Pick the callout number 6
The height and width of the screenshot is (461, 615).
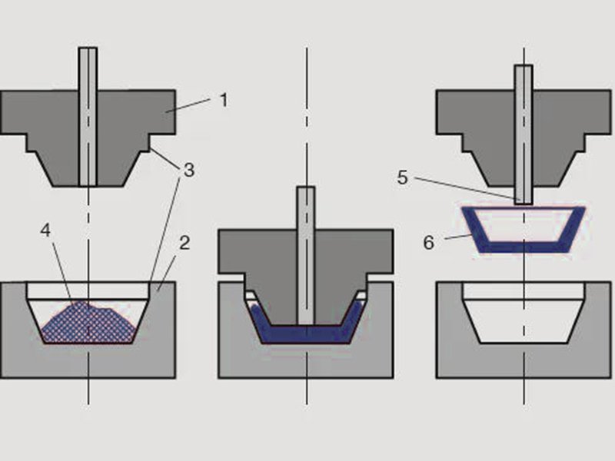click(x=429, y=243)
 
